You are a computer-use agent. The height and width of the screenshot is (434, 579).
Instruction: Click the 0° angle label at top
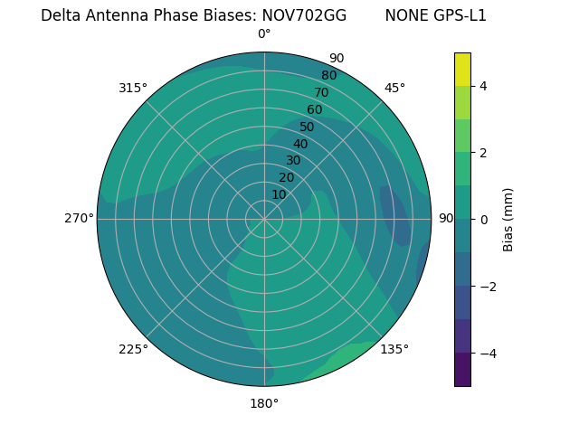264,34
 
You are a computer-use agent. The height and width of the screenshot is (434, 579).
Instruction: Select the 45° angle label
394,88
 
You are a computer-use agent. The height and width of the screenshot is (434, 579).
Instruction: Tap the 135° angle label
394,349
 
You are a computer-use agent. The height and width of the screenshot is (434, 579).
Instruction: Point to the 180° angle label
264,403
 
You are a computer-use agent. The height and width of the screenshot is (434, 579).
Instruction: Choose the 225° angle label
133,349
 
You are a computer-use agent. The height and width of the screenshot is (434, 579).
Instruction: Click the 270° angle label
79,219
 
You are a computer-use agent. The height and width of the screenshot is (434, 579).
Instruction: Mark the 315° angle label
133,88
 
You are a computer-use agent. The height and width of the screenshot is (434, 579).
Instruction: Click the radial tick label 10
279,194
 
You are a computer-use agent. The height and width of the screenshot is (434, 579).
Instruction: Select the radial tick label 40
300,144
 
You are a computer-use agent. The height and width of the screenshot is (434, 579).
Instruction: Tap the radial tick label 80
328,75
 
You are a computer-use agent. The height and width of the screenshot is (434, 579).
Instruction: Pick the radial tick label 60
315,109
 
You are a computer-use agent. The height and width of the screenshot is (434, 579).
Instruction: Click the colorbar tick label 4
484,86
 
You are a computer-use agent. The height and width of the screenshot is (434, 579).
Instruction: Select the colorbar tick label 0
484,220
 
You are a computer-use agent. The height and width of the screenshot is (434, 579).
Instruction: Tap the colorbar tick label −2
488,287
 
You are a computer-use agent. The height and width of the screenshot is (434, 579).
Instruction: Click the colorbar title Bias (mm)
508,219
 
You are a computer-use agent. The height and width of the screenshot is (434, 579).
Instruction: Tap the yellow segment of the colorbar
462,70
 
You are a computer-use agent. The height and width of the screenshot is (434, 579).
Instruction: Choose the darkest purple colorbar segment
462,369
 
